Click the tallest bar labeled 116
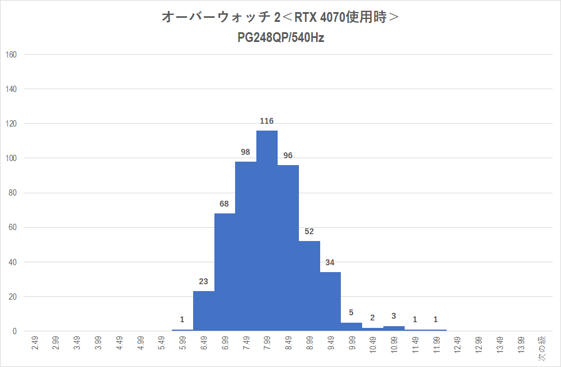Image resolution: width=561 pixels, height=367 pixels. pyautogui.click(x=267, y=230)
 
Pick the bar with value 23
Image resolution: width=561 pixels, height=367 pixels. pyautogui.click(x=203, y=311)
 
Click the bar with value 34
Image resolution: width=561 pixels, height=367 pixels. pyautogui.click(x=331, y=301)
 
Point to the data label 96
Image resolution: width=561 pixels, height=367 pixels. pyautogui.click(x=288, y=155)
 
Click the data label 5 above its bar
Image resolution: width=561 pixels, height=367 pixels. pyautogui.click(x=351, y=313)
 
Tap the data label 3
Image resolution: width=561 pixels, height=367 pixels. pyautogui.click(x=394, y=316)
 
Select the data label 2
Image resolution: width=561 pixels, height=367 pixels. pyautogui.click(x=372, y=318)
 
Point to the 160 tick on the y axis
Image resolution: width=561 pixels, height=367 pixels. pyautogui.click(x=11, y=55)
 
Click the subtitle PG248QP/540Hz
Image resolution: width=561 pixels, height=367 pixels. pyautogui.click(x=280, y=38)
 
